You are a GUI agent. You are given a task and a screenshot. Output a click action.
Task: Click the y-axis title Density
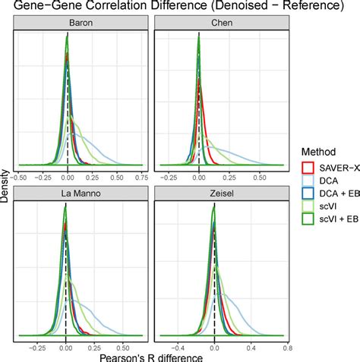pos(7,180)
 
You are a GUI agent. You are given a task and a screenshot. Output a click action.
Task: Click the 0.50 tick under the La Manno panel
pos(121,345)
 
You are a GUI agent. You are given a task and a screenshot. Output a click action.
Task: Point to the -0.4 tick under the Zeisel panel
pos(178,345)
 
